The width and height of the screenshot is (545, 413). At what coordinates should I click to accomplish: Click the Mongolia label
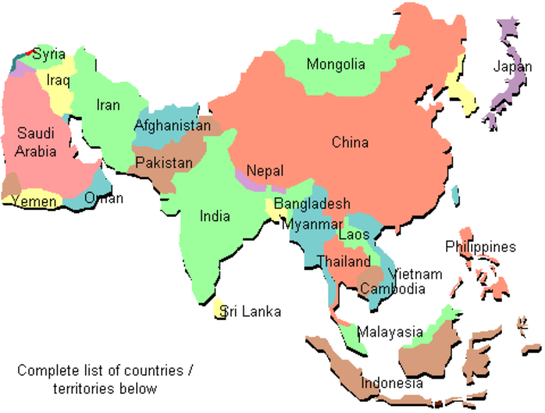coord(336,65)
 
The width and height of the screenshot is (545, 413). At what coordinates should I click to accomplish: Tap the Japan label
coord(512,66)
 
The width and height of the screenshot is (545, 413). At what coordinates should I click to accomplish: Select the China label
coord(350,143)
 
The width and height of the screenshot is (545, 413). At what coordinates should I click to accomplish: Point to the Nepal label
coord(264,171)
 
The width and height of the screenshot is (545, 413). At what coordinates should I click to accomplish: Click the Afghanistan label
coord(172,126)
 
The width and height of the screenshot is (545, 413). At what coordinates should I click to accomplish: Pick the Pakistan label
coord(164,163)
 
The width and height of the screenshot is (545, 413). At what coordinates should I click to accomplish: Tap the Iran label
coord(108,105)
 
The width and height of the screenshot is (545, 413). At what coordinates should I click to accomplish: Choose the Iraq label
coord(59,80)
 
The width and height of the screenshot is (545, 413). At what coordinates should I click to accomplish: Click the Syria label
coord(49,54)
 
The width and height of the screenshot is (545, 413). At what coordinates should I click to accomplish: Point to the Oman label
coord(104,199)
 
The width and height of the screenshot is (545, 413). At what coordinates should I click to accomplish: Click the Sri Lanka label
coord(251,311)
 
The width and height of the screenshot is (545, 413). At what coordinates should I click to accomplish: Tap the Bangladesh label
coord(313,204)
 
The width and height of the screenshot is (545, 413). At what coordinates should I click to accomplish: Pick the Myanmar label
coord(311,224)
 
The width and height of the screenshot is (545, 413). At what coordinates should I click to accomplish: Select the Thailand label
coord(344,261)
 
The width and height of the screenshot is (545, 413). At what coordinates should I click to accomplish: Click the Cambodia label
coord(392,288)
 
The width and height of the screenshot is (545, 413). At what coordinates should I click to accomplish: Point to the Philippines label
coord(480,247)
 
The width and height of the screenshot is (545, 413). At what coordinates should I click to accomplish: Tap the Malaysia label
coord(390,332)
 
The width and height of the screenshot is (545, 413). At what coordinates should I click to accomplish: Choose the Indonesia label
coord(392,383)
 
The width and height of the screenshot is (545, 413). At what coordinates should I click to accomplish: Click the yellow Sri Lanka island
coord(220,309)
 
